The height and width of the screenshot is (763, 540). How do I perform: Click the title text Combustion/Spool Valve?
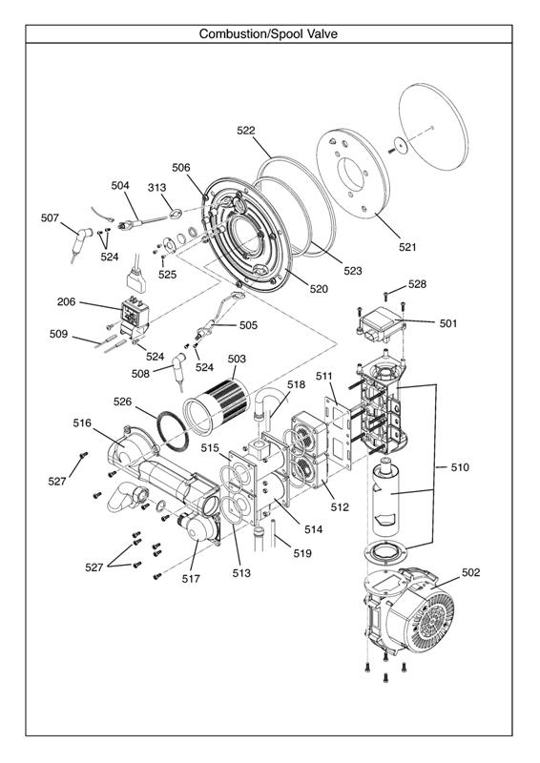[x=268, y=33]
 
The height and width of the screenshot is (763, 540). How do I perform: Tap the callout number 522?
[x=246, y=130]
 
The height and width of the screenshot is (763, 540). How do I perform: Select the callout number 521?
[x=407, y=247]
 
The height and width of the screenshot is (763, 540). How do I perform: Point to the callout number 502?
[x=470, y=572]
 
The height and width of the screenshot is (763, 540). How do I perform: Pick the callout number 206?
[x=66, y=301]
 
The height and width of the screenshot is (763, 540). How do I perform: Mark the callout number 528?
[x=418, y=284]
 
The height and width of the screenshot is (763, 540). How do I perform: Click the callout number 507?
[x=50, y=217]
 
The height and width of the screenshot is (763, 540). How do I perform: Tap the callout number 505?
[x=248, y=325]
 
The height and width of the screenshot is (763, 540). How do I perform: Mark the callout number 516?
[x=82, y=422]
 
